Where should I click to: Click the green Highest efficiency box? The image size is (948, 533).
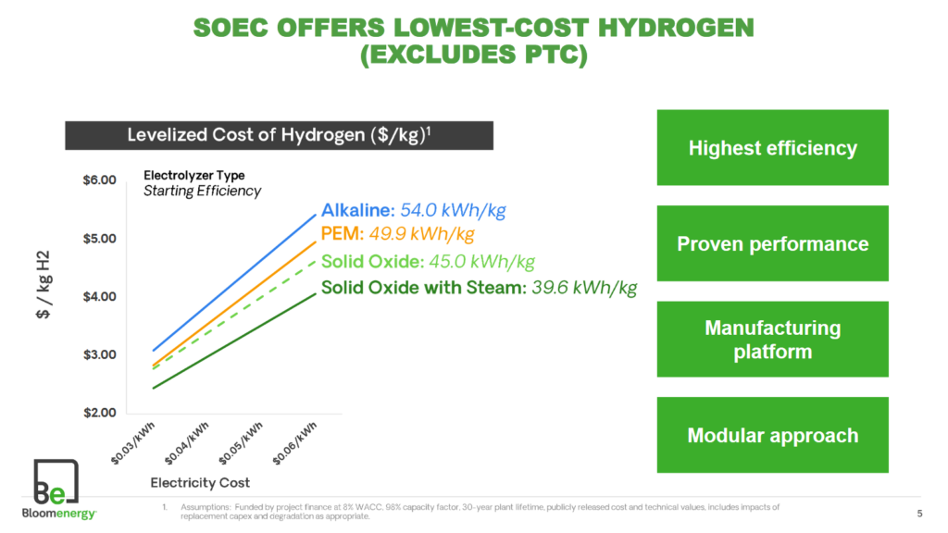772,148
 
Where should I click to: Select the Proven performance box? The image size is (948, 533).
772,244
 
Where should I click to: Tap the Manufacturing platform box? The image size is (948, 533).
772,340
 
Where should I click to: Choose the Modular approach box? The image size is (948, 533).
772,436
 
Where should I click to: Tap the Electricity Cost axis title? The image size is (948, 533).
200,483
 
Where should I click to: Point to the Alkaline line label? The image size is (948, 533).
352,210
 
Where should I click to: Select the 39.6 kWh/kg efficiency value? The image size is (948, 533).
584,288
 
